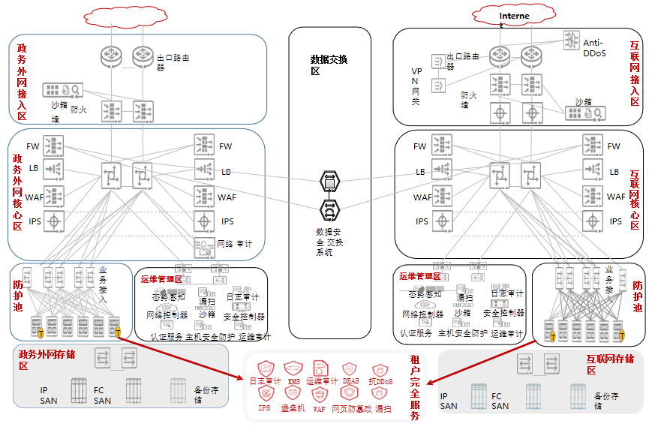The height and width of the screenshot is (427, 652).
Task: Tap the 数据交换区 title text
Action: point(329,65)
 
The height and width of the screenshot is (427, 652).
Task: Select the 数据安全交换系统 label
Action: point(329,242)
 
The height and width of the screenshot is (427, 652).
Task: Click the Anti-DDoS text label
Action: point(594,49)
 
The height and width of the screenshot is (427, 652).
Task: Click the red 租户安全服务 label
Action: point(415,389)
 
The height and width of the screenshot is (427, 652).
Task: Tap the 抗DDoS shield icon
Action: point(380,370)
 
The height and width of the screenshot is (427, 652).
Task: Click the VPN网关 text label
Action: point(417,86)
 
